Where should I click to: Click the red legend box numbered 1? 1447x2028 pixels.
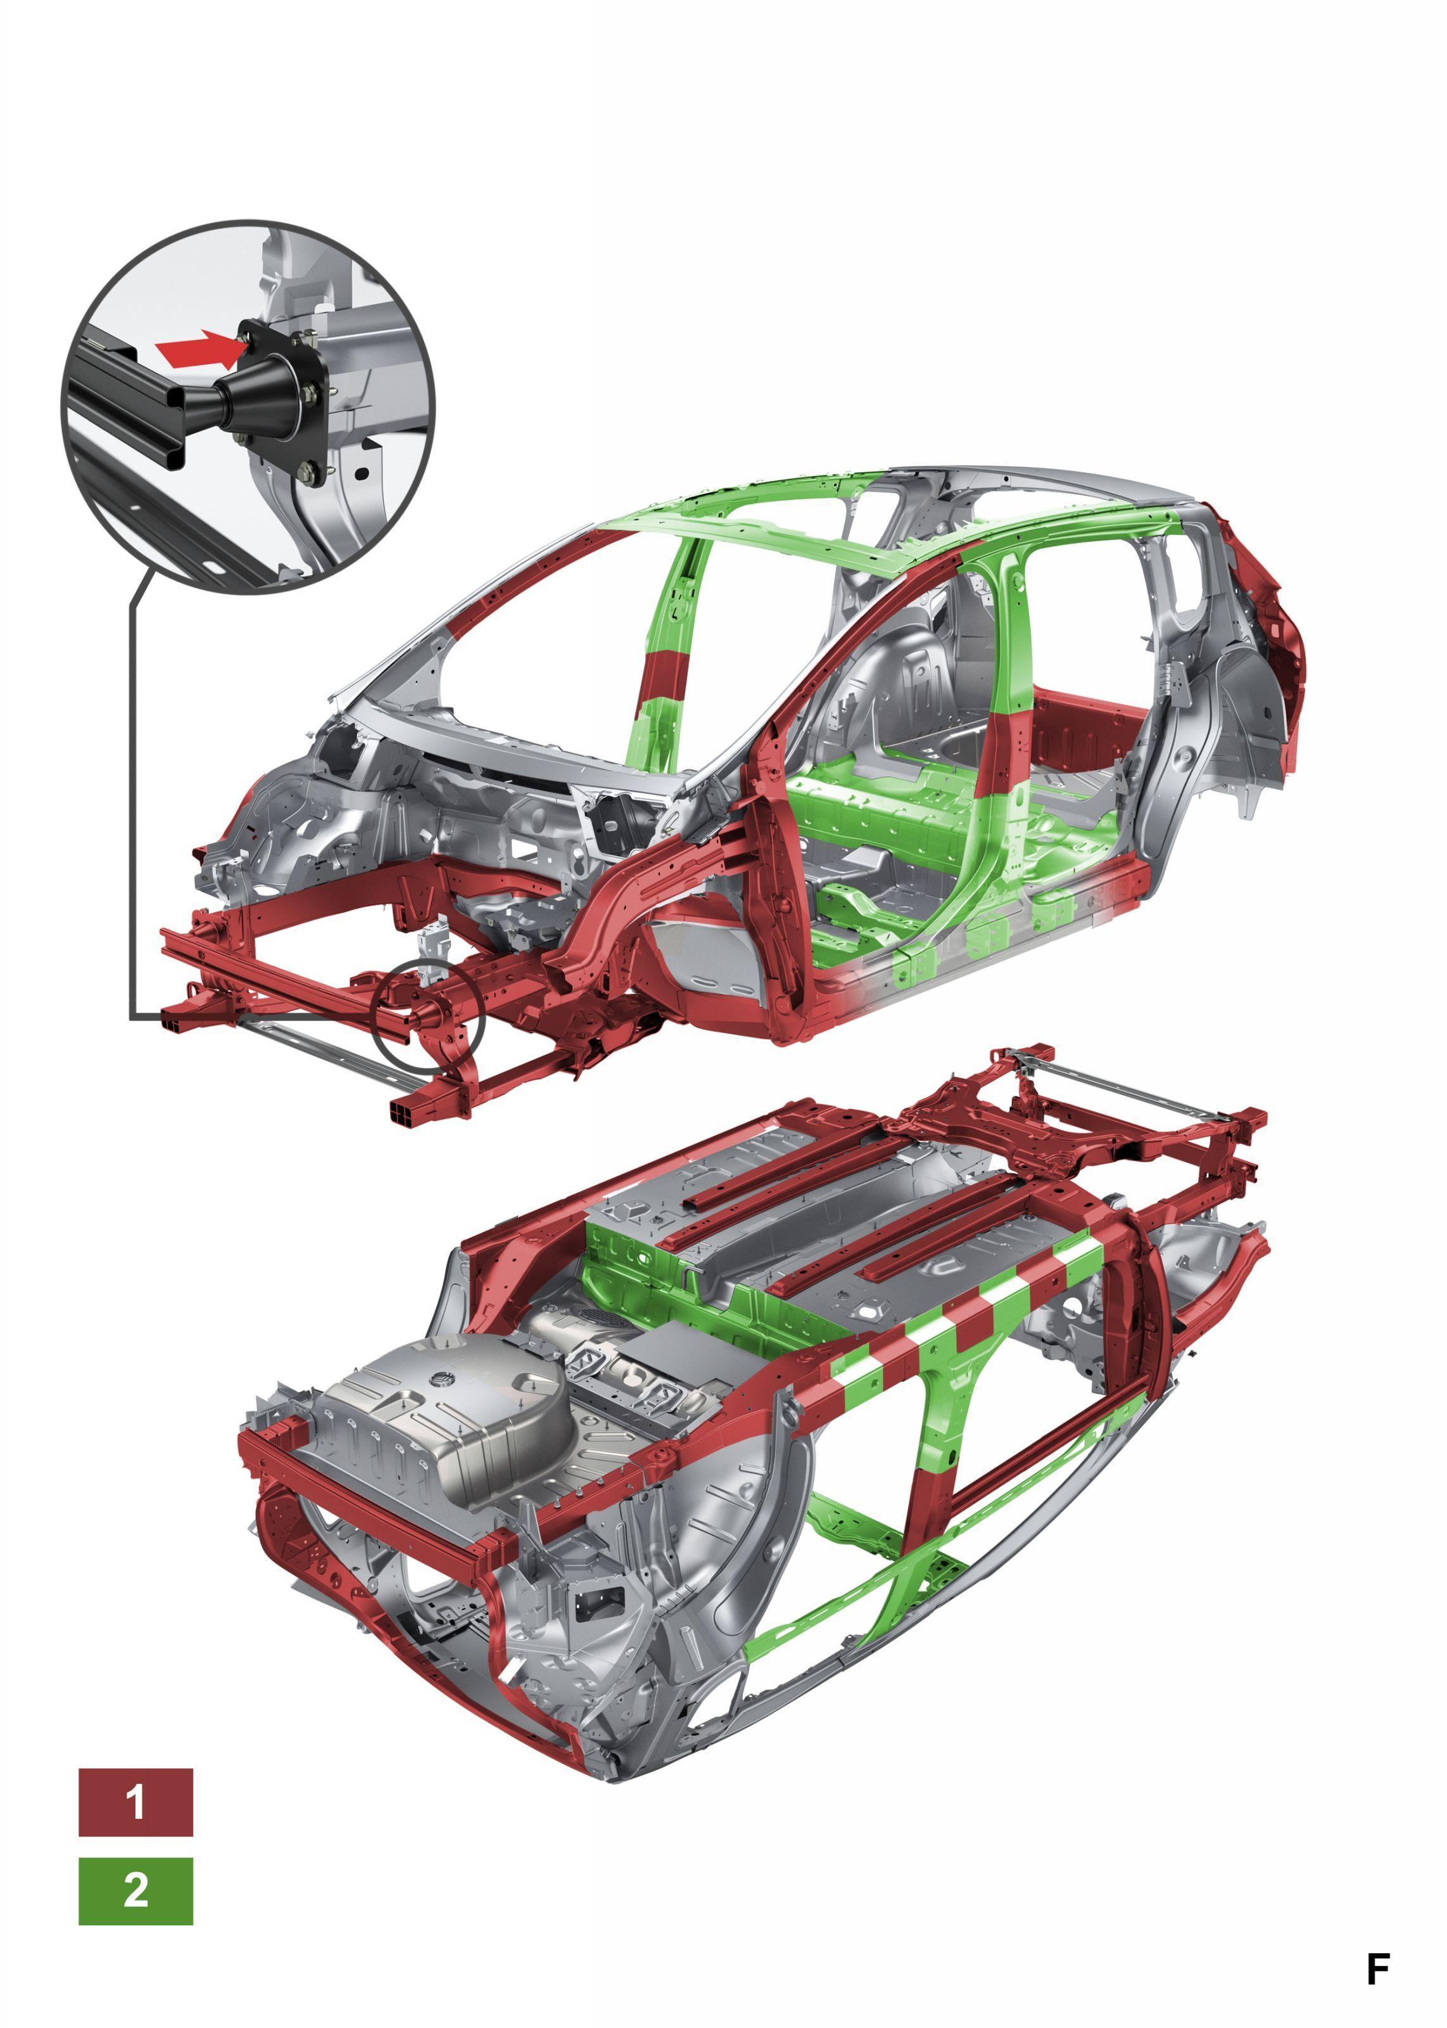pyautogui.click(x=136, y=1802)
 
